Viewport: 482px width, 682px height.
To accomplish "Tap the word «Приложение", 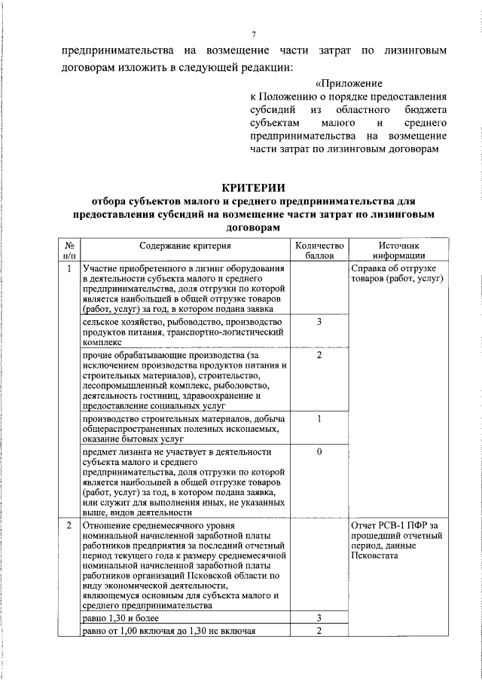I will [x=349, y=83].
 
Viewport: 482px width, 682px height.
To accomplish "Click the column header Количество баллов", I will [x=319, y=250].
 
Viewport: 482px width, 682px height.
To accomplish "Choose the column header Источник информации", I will [x=400, y=250].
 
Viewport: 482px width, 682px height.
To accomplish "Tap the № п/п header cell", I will [x=69, y=250].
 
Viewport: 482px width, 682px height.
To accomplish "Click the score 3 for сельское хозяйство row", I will [x=319, y=322].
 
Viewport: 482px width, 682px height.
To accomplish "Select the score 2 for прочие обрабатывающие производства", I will [x=319, y=355].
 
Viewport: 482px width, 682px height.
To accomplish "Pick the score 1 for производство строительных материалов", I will [x=319, y=419].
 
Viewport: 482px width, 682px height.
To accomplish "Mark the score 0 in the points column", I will [x=319, y=451].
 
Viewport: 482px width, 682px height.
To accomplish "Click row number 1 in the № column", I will [x=69, y=269].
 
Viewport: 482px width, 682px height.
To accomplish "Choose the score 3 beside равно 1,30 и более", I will [x=319, y=618].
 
